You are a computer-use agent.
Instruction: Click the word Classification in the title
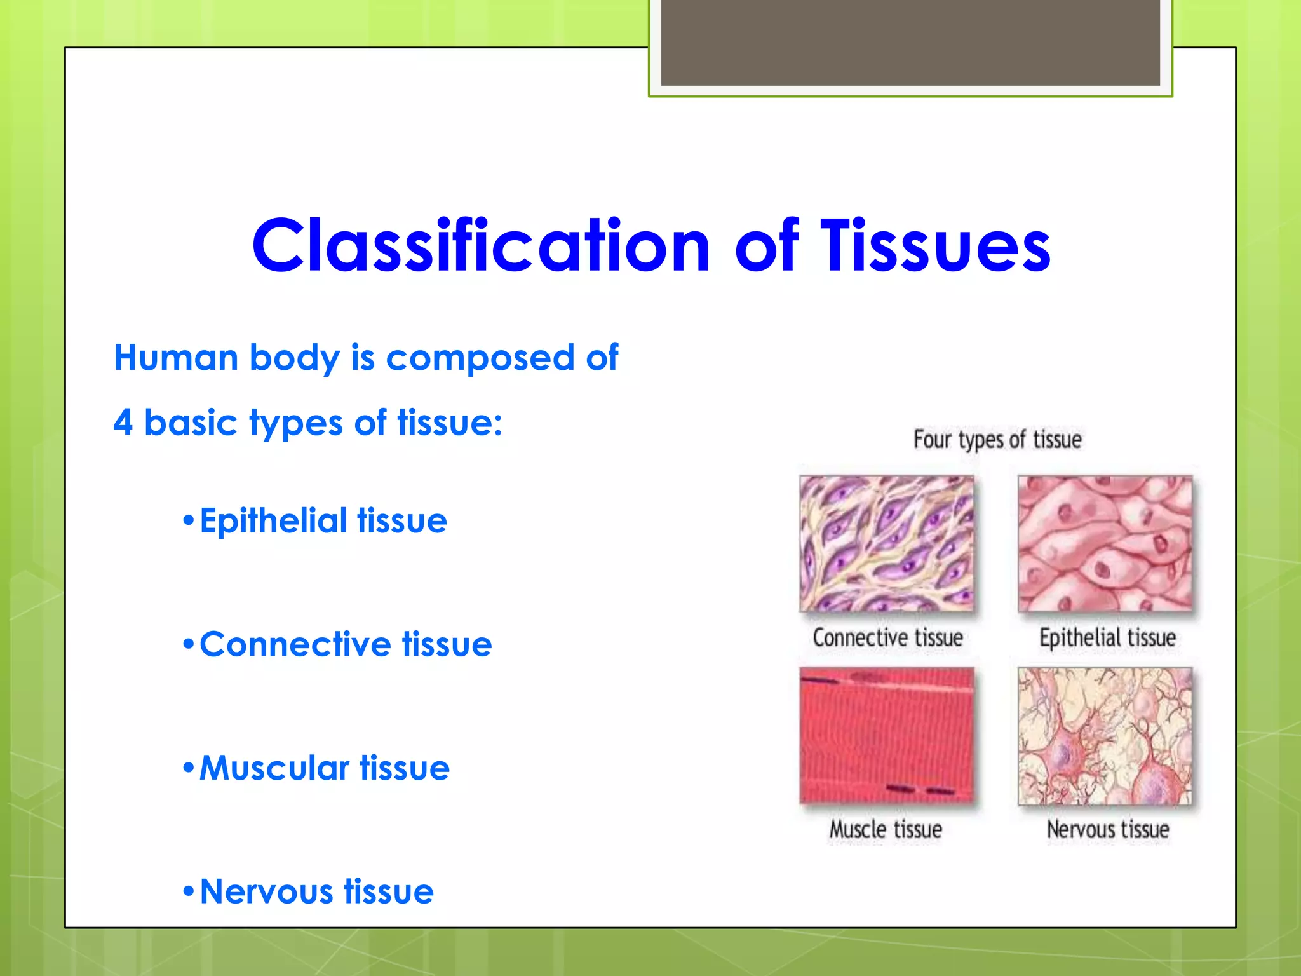480,247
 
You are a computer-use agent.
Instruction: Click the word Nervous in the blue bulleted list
266,891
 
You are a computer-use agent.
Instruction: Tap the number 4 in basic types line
123,423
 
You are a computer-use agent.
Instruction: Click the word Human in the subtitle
176,358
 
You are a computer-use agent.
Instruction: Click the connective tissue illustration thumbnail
886,543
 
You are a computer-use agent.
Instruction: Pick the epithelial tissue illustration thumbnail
1105,543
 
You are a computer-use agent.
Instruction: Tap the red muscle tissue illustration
886,736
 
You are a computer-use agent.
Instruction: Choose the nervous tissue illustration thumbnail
1105,736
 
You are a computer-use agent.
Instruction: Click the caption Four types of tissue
997,440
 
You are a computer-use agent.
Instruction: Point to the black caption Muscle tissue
886,829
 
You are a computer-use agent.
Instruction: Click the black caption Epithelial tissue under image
1107,637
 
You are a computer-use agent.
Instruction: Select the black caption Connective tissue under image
887,637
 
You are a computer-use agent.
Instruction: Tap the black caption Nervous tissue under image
1107,829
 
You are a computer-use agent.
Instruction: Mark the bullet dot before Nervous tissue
188,892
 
